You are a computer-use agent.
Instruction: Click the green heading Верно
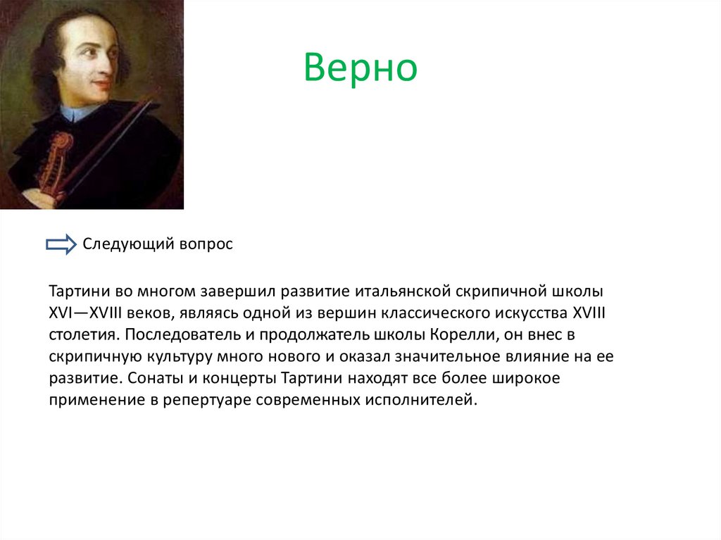click(x=360, y=69)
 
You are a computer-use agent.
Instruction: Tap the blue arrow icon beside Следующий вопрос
click(x=61, y=244)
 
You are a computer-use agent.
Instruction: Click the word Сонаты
click(x=153, y=378)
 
